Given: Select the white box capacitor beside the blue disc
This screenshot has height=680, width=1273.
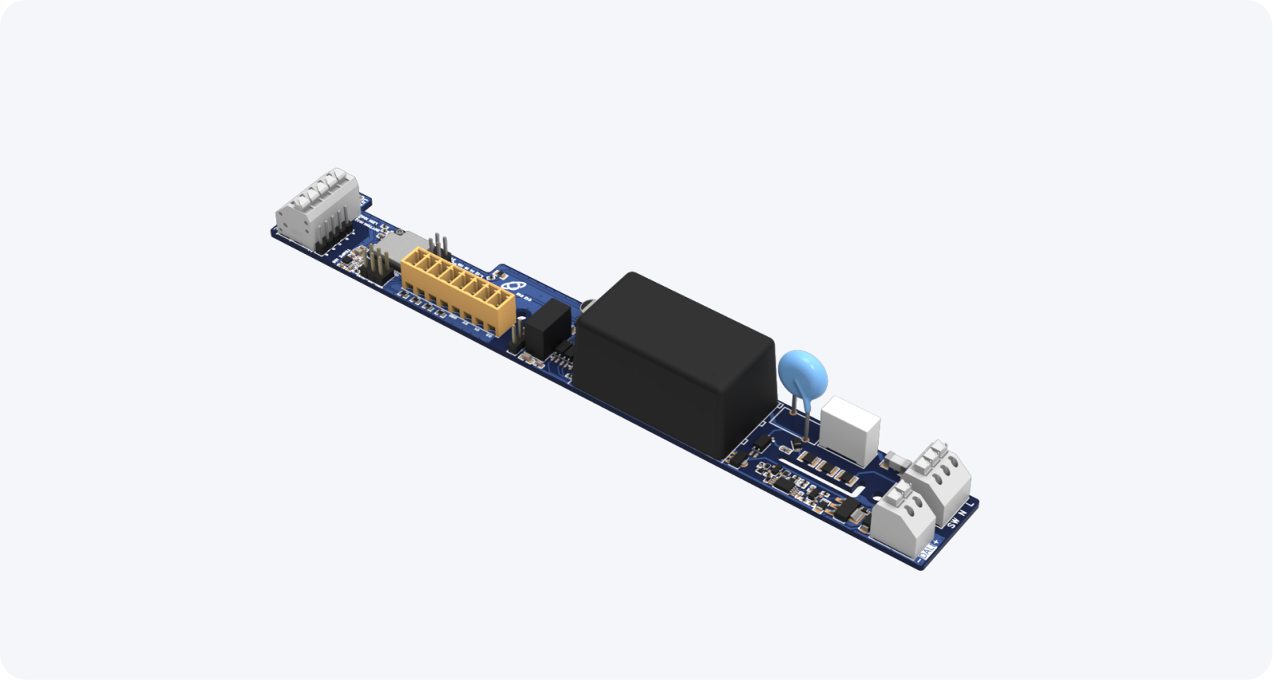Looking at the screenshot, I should point(849,430).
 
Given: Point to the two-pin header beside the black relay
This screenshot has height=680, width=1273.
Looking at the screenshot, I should point(518,330).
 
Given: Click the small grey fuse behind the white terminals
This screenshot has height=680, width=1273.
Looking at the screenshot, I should point(896,459).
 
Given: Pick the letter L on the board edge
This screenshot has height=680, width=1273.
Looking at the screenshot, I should point(971,504).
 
